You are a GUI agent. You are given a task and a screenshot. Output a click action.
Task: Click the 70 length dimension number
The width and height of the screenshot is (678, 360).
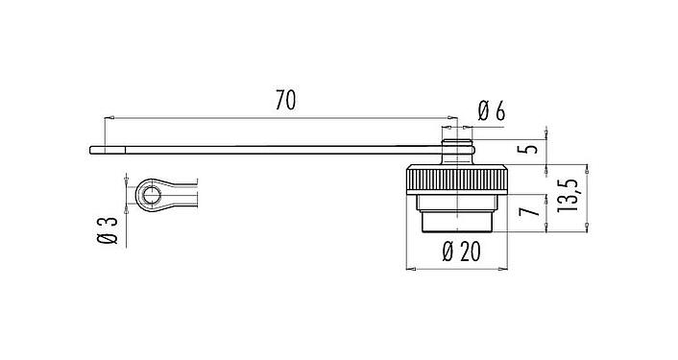tap(284, 100)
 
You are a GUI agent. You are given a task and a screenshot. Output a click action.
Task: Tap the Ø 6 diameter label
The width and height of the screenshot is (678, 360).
tap(491, 112)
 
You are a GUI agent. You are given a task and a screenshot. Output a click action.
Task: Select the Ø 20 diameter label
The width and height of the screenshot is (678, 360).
tap(462, 252)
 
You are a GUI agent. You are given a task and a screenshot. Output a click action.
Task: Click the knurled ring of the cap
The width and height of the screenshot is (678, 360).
tap(456, 180)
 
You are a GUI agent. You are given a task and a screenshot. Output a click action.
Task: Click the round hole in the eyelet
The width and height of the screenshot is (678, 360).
tap(150, 197)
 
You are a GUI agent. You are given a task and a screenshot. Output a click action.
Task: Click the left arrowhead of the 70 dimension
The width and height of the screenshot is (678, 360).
tap(107, 118)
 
